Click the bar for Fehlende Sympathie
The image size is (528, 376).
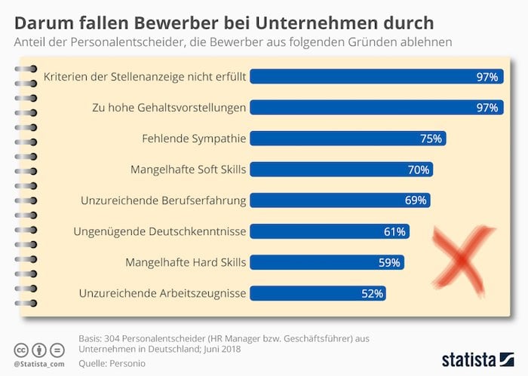coord(348,139)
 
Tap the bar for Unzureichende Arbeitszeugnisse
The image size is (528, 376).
coord(318,293)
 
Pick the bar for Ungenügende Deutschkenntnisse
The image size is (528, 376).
coord(329,231)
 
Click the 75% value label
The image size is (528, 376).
coord(431,139)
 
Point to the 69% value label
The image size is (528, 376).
coord(416,200)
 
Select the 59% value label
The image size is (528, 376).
coord(390,262)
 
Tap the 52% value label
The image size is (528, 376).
coord(373,293)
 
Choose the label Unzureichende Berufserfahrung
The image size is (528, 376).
coord(163,200)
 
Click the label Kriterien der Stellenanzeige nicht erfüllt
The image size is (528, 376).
coord(145,77)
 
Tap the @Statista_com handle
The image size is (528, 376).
coord(38,364)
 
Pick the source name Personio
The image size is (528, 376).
coord(132,364)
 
